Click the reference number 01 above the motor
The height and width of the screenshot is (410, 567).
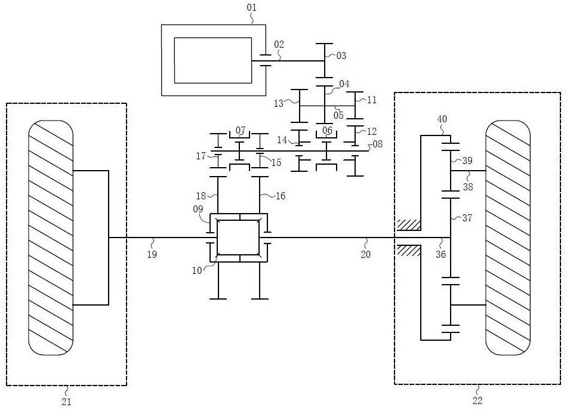coord(252,8)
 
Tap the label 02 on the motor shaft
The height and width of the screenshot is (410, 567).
coord(279,45)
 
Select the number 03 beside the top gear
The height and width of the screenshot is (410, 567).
coord(341,56)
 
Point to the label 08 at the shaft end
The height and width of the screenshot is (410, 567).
coord(378,144)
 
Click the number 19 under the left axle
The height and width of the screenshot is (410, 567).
coord(152,254)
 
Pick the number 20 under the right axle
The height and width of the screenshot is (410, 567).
coord(366,254)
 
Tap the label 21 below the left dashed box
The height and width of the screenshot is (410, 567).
coord(66,401)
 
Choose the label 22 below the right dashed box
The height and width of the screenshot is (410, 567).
coord(477,400)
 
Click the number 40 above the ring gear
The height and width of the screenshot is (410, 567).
coord(442,119)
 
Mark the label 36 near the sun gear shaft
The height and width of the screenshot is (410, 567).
coord(440,254)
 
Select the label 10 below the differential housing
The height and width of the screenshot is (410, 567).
coord(197,270)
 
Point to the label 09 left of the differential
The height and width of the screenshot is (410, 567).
coord(198,209)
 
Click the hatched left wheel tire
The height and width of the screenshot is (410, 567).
coord(51,238)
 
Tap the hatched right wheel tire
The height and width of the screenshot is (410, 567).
coord(508,238)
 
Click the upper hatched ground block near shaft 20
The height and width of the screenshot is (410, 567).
coord(409,225)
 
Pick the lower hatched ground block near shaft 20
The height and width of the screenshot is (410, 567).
coord(409,250)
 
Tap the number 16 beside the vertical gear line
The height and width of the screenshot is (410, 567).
coord(281,196)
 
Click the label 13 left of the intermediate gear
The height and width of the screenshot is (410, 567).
coord(279,104)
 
